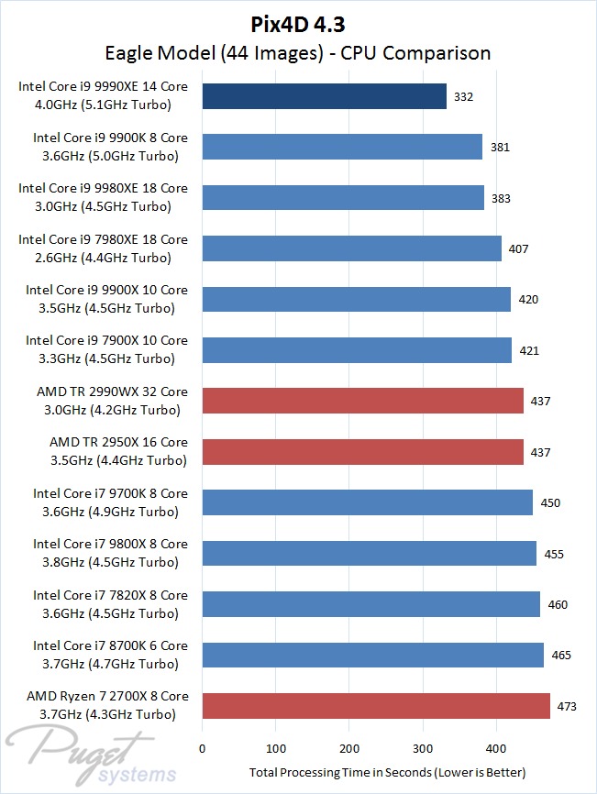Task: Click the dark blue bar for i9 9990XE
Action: [x=324, y=96]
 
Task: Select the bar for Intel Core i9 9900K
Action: [x=342, y=147]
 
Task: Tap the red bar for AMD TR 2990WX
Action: [x=362, y=401]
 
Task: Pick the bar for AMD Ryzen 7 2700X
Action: [x=376, y=705]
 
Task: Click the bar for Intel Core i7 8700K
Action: [x=372, y=655]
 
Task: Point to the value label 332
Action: [x=463, y=96]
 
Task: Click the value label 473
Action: [x=567, y=706]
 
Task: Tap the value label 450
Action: [x=550, y=503]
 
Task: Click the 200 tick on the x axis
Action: [x=349, y=747]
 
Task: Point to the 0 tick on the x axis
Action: [x=202, y=747]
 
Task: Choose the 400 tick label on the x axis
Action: [x=496, y=747]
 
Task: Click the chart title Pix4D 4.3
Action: [x=298, y=21]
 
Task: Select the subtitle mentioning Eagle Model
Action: [x=298, y=52]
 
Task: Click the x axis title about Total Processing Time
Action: [x=388, y=772]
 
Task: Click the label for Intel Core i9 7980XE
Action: [x=103, y=248]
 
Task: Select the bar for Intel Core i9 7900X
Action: [x=357, y=350]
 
